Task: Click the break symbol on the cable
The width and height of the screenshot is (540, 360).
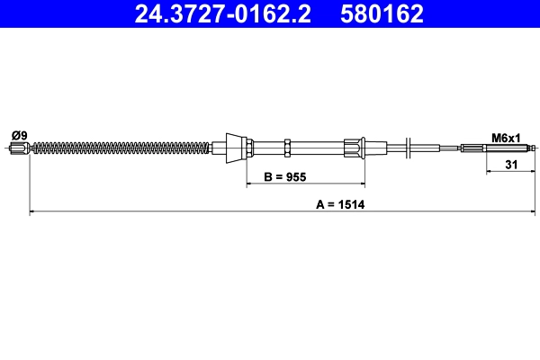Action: click(x=409, y=148)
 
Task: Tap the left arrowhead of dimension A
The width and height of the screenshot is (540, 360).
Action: click(x=34, y=211)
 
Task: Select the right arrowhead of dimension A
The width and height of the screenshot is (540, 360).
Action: click(x=533, y=211)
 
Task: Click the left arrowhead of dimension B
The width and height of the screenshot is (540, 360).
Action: click(x=251, y=184)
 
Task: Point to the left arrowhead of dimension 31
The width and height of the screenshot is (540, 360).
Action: click(x=490, y=170)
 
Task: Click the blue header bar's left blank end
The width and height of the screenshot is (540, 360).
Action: click(x=54, y=13)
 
